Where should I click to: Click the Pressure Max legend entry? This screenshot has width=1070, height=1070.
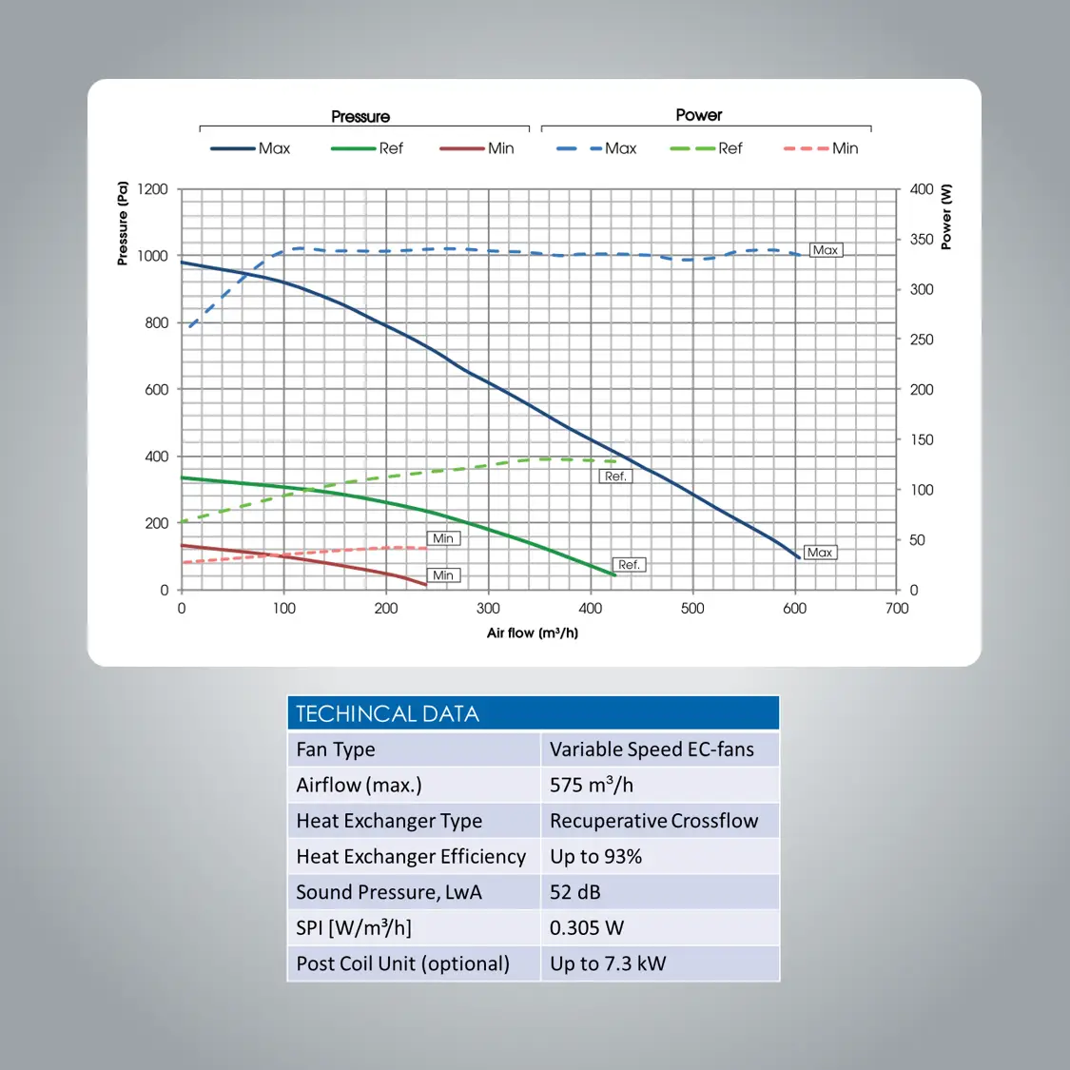tap(251, 148)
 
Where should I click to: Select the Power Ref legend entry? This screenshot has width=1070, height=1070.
tap(707, 148)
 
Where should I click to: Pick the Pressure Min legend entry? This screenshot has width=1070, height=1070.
tap(477, 148)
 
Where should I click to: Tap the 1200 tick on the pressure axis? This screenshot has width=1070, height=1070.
tap(152, 189)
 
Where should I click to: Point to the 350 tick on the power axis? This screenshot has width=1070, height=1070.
tap(921, 240)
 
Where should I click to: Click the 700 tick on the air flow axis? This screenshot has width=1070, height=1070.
tap(896, 609)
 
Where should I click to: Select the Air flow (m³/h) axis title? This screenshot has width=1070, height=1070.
tap(533, 633)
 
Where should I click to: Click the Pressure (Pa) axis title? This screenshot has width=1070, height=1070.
tap(123, 224)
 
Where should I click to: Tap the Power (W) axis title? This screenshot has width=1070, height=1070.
tap(945, 218)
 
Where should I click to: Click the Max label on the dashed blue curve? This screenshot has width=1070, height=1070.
tap(825, 250)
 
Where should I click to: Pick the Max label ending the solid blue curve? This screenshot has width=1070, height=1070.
tap(819, 553)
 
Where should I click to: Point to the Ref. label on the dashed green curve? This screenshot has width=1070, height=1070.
tap(615, 477)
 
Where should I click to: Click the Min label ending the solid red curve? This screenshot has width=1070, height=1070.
tap(443, 575)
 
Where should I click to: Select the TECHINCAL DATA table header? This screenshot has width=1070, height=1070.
tap(533, 713)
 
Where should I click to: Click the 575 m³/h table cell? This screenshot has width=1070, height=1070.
tap(659, 785)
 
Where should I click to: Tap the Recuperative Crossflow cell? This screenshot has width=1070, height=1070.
tap(659, 821)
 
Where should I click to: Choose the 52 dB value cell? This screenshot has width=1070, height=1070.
tap(659, 892)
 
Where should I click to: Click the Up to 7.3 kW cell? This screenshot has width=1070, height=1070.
tap(659, 963)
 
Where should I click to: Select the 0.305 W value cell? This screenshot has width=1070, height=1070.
tap(659, 927)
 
